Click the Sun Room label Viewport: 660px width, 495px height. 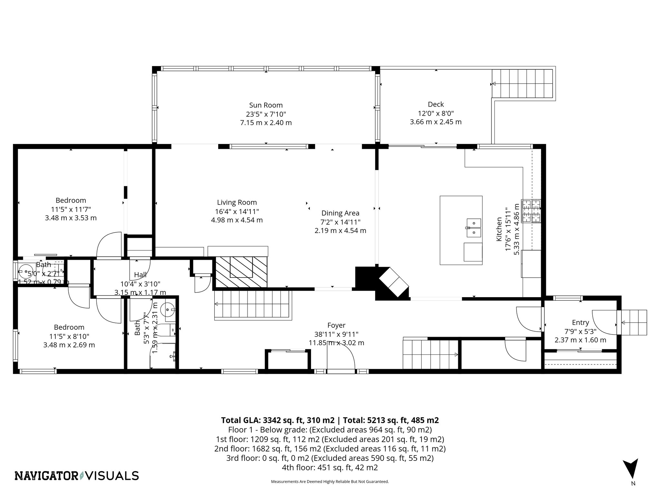pyautogui.click(x=266, y=105)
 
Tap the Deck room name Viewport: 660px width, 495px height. pyautogui.click(x=436, y=104)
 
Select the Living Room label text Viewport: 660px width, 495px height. pyautogui.click(x=237, y=202)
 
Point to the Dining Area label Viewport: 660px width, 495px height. pyautogui.click(x=340, y=213)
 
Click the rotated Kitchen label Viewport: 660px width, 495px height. pyautogui.click(x=499, y=229)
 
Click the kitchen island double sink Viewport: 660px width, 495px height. pyautogui.click(x=473, y=227)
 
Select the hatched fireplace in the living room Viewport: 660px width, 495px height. pyautogui.click(x=241, y=272)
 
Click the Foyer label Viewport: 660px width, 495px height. pyautogui.click(x=336, y=325)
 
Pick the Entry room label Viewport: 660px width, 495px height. pyautogui.click(x=580, y=322)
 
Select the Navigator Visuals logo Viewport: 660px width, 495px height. pyautogui.click(x=77, y=476)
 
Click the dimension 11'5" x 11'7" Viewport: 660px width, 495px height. pyautogui.click(x=71, y=209)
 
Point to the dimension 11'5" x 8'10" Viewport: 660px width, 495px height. pyautogui.click(x=69, y=336)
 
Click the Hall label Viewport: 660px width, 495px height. pyautogui.click(x=140, y=275)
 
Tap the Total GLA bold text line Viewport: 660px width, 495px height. pyautogui.click(x=330, y=420)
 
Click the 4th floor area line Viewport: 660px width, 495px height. pyautogui.click(x=330, y=468)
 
